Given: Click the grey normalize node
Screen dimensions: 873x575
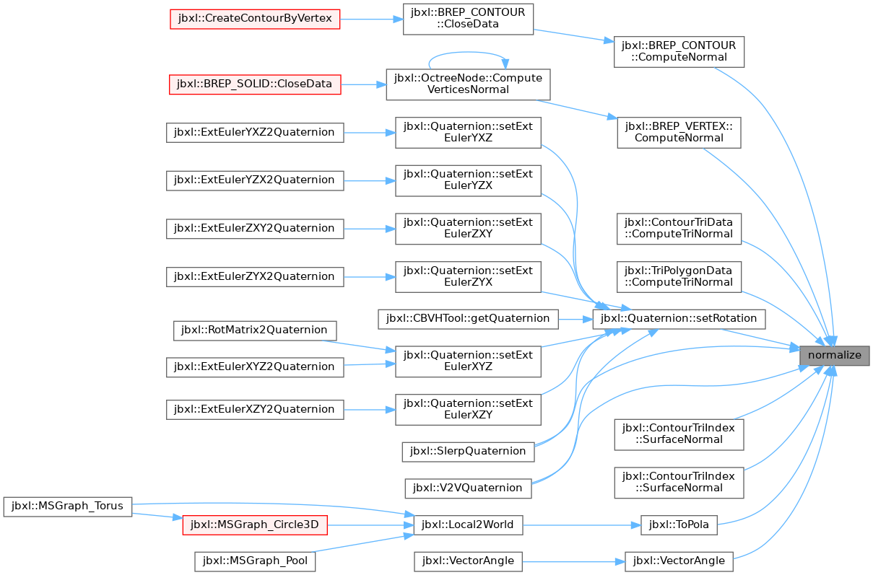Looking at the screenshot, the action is [x=834, y=356].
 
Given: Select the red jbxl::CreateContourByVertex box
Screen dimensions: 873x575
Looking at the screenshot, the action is [x=255, y=19].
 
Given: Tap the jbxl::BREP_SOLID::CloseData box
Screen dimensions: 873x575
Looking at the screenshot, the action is [x=255, y=84].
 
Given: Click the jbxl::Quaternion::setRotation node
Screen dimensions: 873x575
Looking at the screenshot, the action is [x=679, y=319].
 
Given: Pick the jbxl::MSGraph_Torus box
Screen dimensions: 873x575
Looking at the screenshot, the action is [x=68, y=507].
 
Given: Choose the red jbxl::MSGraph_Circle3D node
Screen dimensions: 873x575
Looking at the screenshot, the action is [x=255, y=525].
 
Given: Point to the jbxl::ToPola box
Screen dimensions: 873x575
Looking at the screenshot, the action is [x=679, y=525].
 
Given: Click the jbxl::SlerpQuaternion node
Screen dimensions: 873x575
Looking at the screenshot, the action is [x=468, y=452].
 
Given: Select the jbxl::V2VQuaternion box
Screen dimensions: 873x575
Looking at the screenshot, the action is [x=468, y=488].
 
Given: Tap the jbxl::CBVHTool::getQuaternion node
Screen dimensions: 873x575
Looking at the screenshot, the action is [x=468, y=319].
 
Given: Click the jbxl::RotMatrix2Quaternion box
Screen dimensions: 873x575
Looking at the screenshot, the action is [x=255, y=330].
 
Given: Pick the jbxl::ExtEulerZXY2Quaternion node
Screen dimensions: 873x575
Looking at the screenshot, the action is [x=255, y=229].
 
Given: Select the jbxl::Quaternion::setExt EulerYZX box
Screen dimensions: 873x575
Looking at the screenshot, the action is [x=468, y=180].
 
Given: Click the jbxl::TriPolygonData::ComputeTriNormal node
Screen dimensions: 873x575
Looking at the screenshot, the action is [x=679, y=277].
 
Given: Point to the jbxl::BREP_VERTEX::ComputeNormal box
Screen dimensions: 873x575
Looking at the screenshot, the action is [x=679, y=133].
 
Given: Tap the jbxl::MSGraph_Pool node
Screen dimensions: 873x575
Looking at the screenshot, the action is [x=255, y=561].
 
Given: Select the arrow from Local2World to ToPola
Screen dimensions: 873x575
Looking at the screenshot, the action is [x=582, y=525].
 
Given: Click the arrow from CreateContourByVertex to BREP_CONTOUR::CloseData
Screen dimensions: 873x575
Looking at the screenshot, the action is [x=371, y=19].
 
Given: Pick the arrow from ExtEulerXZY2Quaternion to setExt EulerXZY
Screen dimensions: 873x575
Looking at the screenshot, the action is [x=370, y=410].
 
